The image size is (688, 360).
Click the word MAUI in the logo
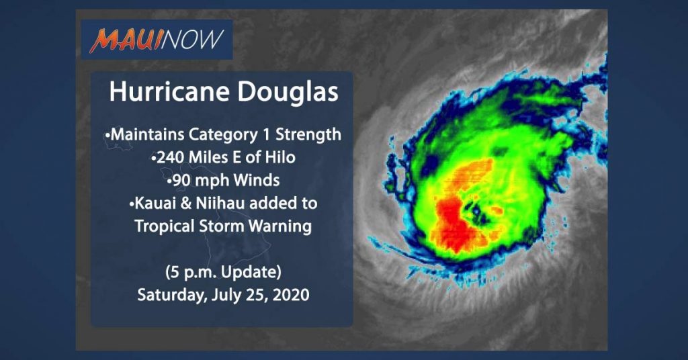pyautogui.click(x=125, y=41)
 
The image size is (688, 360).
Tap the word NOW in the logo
pyautogui.click(x=192, y=40)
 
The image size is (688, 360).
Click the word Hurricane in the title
pyautogui.click(x=169, y=91)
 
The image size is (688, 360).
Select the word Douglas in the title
pyautogui.click(x=288, y=91)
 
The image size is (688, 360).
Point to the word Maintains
pyautogui.click(x=147, y=134)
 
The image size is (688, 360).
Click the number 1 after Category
pyautogui.click(x=266, y=134)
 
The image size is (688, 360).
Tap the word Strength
pyautogui.click(x=308, y=134)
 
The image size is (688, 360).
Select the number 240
pyautogui.click(x=170, y=157)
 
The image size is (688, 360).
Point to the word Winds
pyautogui.click(x=257, y=180)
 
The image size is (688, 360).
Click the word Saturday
pyautogui.click(x=171, y=295)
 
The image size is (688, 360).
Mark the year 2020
pyautogui.click(x=291, y=295)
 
